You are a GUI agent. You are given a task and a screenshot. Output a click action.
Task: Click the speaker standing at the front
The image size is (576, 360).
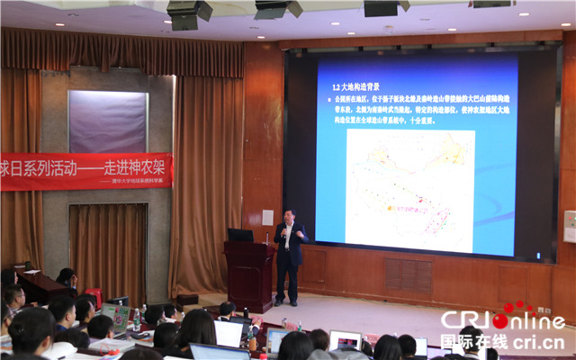290,256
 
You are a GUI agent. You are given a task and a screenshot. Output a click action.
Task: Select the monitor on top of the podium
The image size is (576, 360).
240,235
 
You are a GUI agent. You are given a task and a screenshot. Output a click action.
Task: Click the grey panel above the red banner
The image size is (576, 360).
108,121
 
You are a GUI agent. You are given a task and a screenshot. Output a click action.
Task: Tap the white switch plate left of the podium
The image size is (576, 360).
267,217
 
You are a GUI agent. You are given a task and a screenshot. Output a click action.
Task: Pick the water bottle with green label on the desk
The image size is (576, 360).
136,319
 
